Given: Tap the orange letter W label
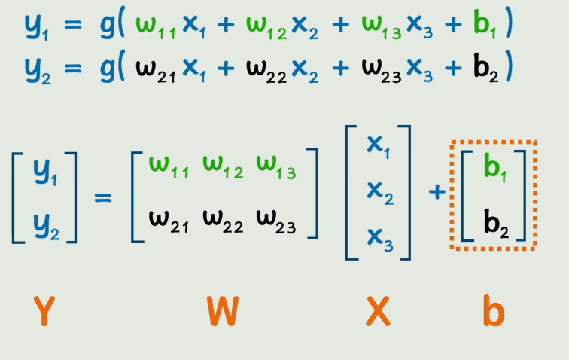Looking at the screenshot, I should click(222, 311).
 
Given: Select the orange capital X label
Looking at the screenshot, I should click(377, 311).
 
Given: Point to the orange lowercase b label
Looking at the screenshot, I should click(493, 311).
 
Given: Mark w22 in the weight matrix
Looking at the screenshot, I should click(223, 222).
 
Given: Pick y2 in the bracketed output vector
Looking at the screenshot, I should click(45, 224).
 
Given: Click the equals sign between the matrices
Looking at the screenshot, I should click(103, 197).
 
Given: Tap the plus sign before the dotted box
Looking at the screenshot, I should click(436, 193).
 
